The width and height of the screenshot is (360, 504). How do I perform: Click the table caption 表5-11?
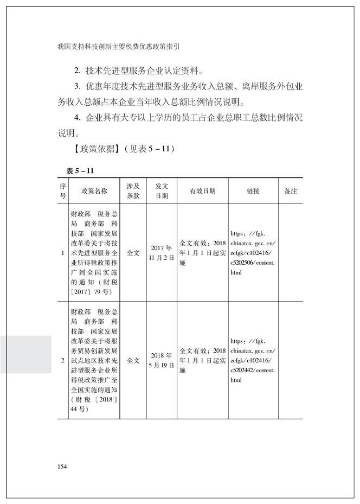[80, 171]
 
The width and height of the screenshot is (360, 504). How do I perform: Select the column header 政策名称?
[94, 191]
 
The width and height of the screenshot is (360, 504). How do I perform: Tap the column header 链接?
[253, 191]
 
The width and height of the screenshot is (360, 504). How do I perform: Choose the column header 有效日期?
[202, 191]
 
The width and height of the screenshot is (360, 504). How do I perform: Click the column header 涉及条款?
[133, 191]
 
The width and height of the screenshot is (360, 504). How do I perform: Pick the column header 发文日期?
[162, 191]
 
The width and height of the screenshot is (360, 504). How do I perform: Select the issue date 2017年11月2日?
[162, 253]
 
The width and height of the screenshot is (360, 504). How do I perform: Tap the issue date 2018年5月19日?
[162, 360]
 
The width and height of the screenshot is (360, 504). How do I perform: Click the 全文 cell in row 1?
[133, 253]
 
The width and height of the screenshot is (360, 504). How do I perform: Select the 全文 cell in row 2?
[133, 360]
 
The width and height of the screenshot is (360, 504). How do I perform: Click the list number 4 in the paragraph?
[78, 117]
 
